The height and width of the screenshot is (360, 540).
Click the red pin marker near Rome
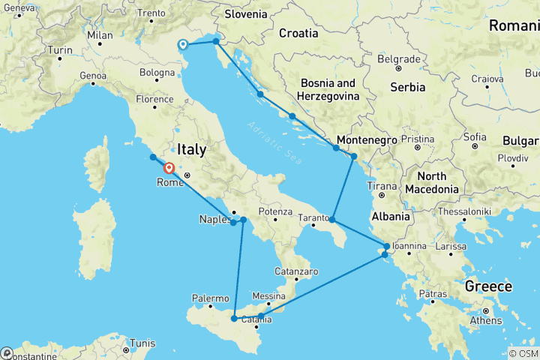169,169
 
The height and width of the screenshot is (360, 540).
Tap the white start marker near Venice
183,44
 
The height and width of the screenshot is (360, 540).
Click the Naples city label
213,219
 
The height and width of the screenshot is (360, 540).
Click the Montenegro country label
367,139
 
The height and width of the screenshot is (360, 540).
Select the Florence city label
155,99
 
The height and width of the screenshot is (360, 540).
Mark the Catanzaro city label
297,271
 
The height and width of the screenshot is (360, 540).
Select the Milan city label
99,34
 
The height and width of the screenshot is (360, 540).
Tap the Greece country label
488,286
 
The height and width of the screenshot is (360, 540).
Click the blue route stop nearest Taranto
332,220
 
